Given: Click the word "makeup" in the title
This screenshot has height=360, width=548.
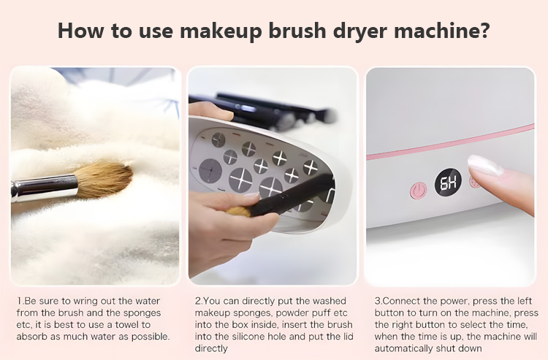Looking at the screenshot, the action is coord(221,31).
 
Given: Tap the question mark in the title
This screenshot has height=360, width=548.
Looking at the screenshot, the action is coord(484,30).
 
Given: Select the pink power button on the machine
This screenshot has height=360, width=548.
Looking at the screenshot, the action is coord(418,191).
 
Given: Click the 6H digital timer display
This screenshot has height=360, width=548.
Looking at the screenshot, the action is coord(448,182).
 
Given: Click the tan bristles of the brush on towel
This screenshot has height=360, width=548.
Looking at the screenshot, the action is coord(104,179).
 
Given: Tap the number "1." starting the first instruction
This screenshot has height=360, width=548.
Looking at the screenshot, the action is coord(20,301).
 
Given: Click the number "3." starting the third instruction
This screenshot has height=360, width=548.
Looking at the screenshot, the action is coord(378,301).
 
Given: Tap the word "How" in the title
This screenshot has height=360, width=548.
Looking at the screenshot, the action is coord(80,30).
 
